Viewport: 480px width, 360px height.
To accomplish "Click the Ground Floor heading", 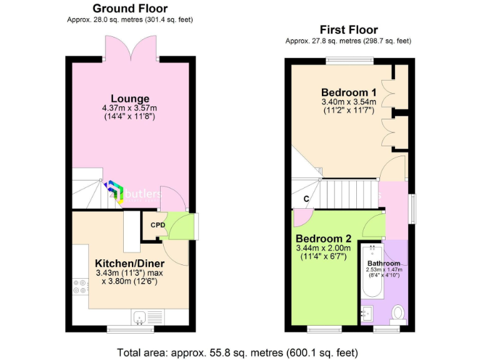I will [x=129, y=8].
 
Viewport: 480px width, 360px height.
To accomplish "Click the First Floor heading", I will [x=348, y=29].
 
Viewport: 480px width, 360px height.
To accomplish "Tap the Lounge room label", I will [x=130, y=98].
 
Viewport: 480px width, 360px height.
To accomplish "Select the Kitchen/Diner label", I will [x=130, y=263].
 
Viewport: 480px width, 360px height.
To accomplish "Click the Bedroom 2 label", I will [x=323, y=238].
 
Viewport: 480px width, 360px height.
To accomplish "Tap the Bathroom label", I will [x=384, y=263].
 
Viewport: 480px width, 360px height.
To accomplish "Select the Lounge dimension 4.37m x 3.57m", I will [x=130, y=108].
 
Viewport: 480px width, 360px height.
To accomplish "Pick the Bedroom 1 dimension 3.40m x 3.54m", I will [x=349, y=102].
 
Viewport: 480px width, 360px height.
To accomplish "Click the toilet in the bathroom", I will [x=397, y=312].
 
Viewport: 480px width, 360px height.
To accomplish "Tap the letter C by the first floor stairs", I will [x=306, y=199].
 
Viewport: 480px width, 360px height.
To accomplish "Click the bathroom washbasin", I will [x=367, y=312].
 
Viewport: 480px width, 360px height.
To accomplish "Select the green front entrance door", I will [x=181, y=226].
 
